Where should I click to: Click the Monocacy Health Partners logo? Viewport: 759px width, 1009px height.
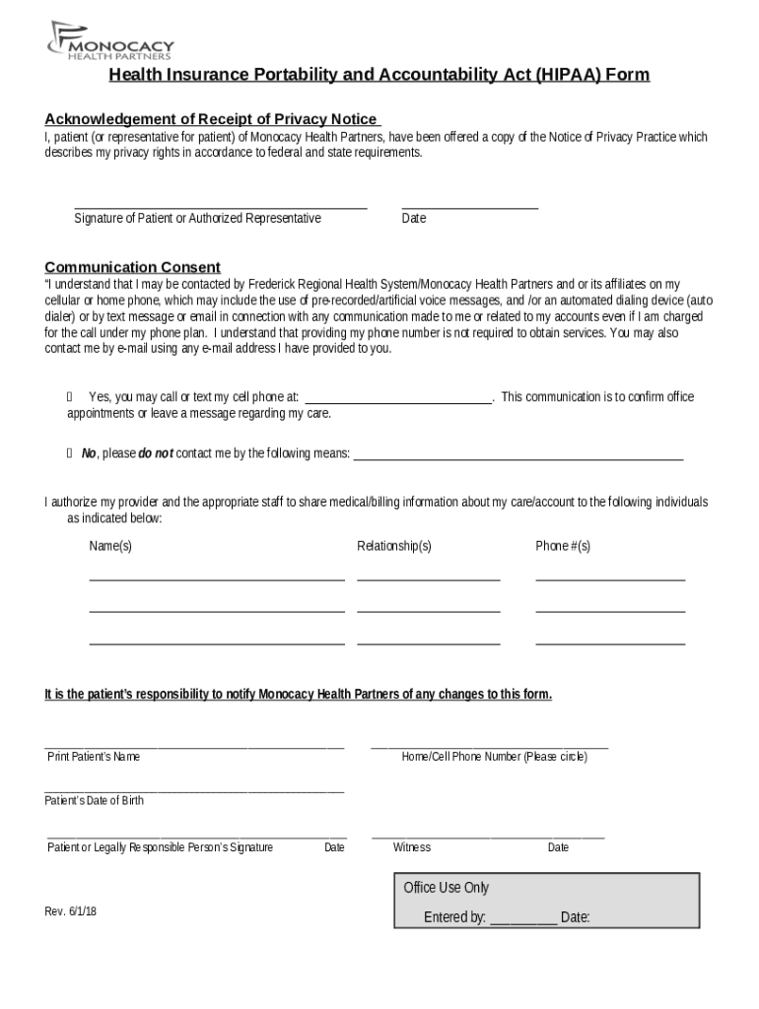[110, 41]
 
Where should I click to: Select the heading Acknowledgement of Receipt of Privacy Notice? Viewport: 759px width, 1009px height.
[211, 119]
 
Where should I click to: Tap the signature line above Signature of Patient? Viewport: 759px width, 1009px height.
[221, 207]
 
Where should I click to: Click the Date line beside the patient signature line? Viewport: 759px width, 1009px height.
[470, 207]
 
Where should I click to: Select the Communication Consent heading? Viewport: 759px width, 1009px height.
[133, 267]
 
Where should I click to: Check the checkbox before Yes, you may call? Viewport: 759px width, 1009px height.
[70, 397]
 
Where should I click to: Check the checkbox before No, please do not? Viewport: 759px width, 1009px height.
[70, 453]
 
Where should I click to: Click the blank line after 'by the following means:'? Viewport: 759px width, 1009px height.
[517, 458]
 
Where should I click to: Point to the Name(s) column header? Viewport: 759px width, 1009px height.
[110, 546]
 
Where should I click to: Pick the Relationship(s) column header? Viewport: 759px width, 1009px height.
[394, 546]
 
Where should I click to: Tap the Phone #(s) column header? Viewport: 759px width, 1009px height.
[563, 546]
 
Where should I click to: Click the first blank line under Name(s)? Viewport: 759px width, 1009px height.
[217, 579]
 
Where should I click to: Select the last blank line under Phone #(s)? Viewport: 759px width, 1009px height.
[610, 643]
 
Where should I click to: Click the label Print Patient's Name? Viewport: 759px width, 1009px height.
[94, 757]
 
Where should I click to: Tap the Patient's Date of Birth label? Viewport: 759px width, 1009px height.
[95, 801]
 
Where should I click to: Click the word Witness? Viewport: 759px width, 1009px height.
[412, 847]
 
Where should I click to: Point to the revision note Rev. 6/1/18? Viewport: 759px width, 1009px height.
[71, 911]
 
